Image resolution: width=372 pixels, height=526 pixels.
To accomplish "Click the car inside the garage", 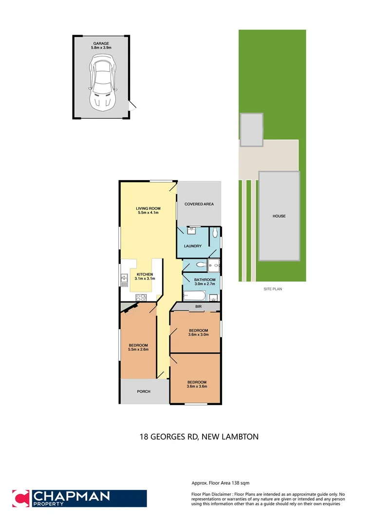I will tap(102, 81).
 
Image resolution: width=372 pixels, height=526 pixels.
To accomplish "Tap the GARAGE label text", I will tap(101, 43).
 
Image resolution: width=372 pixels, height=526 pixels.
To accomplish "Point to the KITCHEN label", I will tap(144, 274).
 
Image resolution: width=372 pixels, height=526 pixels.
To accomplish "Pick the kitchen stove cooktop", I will tap(141, 297).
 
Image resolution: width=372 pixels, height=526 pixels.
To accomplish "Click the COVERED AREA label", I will tap(199, 204).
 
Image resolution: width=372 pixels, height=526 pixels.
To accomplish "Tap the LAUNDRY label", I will tap(192, 246).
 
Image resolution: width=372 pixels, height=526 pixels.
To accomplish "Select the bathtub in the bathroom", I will tap(195, 296).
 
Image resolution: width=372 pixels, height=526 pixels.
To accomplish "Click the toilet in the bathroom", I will tap(199, 265).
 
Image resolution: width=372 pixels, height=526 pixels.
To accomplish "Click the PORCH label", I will tap(144, 392).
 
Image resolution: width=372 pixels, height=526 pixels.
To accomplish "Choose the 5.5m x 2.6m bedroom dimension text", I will tap(138, 349).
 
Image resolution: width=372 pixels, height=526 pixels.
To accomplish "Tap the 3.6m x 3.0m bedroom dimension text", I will tap(198, 335).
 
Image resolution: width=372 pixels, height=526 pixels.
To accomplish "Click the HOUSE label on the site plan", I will tap(279, 216).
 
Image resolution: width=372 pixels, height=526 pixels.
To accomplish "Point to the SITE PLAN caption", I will tap(273, 289).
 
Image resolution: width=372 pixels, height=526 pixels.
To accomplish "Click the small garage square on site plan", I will tap(251, 130).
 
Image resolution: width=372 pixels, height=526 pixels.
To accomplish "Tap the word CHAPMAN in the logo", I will tap(71, 496).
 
